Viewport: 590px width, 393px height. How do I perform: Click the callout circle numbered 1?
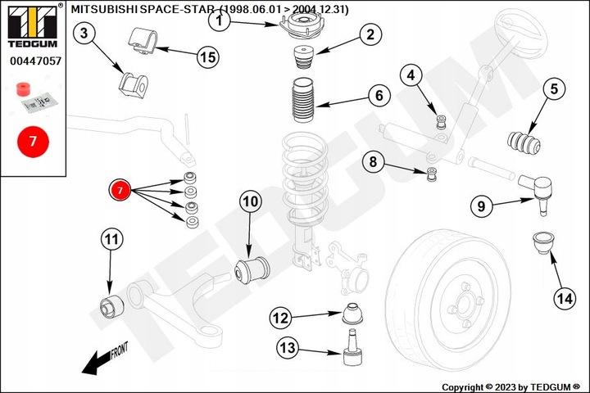click(x=220, y=22)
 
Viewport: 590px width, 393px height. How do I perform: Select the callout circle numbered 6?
click(x=379, y=96)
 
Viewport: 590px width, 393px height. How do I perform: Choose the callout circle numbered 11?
click(x=111, y=240)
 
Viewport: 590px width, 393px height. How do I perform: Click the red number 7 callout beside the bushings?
click(x=120, y=190)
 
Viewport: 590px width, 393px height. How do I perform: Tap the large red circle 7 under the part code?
click(x=33, y=141)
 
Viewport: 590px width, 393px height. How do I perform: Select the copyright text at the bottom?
click(x=511, y=386)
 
